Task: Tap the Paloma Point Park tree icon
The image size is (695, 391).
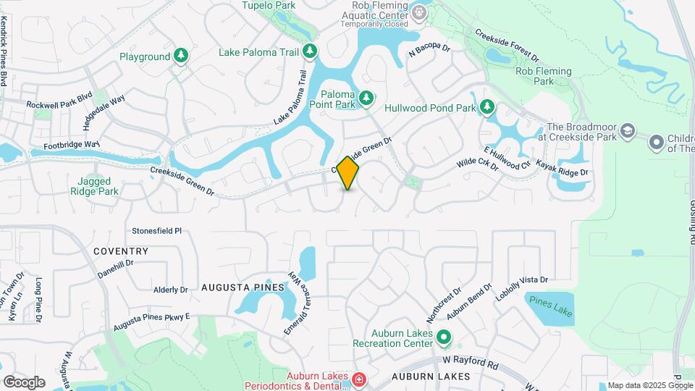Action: click(366, 96)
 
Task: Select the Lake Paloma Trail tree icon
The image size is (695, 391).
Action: click(310, 51)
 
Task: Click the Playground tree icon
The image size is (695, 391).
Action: click(180, 56)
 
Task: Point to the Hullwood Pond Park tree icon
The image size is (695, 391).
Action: click(487, 108)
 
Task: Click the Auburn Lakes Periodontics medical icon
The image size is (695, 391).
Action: click(358, 379)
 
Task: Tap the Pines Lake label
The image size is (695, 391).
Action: click(551, 306)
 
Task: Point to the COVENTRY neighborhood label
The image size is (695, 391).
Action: click(121, 251)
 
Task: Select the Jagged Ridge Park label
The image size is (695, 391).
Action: click(94, 186)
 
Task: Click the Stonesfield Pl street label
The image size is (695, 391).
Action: click(156, 231)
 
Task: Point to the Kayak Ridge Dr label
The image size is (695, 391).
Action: click(563, 169)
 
